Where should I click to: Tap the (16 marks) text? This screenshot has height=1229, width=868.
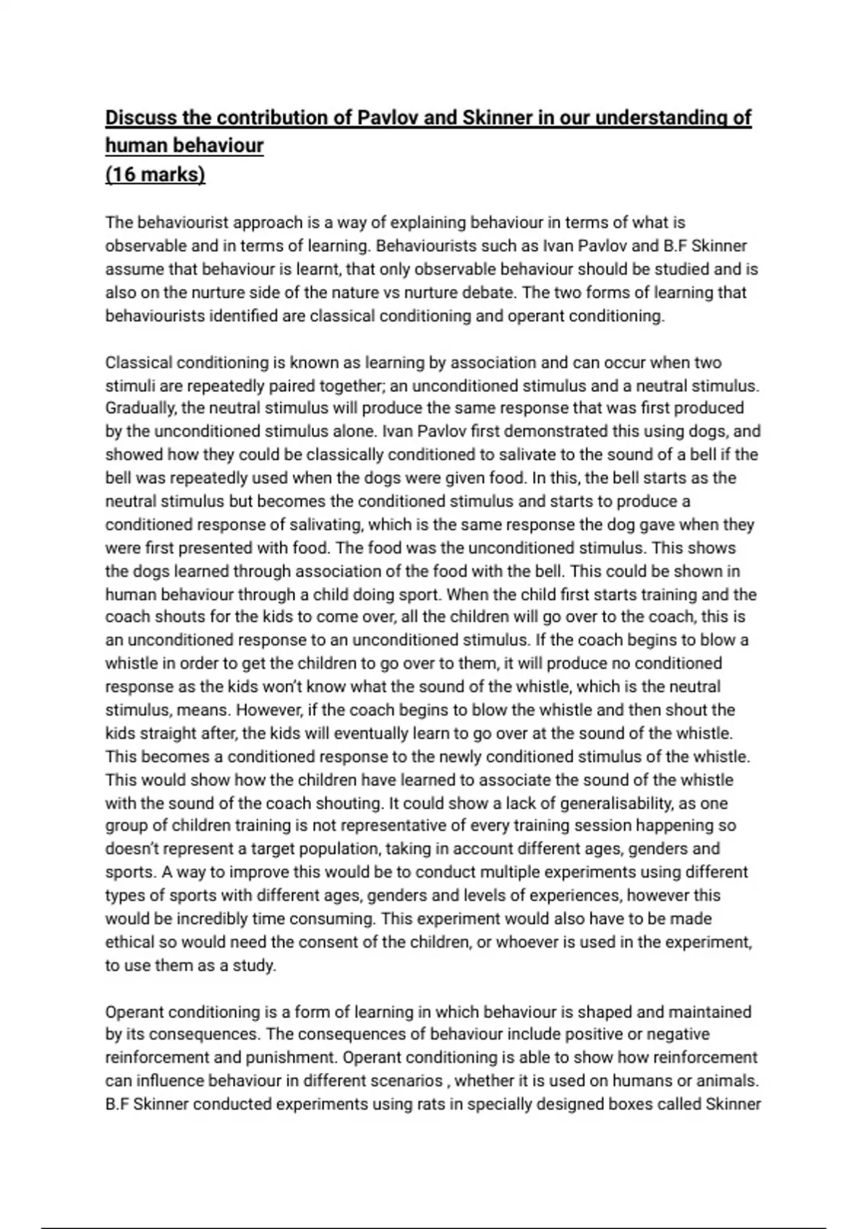(x=156, y=175)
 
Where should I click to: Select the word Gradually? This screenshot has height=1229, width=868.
(x=140, y=408)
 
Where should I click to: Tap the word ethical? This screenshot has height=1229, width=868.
(x=130, y=943)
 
